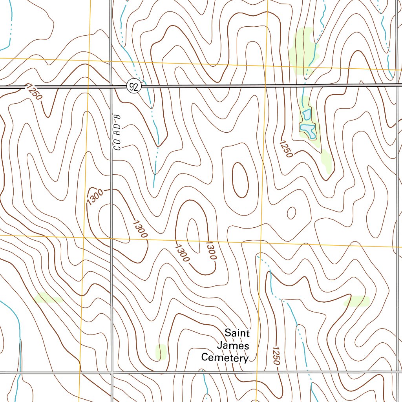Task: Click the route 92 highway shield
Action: click(134, 87)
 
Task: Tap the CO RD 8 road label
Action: click(117, 132)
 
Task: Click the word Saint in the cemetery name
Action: click(237, 333)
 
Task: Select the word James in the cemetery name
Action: click(233, 345)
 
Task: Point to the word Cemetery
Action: click(225, 358)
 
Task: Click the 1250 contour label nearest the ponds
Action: click(286, 149)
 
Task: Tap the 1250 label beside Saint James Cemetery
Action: click(276, 356)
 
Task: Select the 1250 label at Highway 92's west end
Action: click(33, 91)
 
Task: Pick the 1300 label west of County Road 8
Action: click(95, 197)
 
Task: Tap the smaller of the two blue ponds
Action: click(307, 115)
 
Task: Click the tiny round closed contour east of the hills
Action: click(291, 213)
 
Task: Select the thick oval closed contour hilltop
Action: click(240, 180)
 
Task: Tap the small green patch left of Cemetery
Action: click(161, 351)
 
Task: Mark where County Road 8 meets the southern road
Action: click(112, 372)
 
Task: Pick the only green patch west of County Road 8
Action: click(48, 298)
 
